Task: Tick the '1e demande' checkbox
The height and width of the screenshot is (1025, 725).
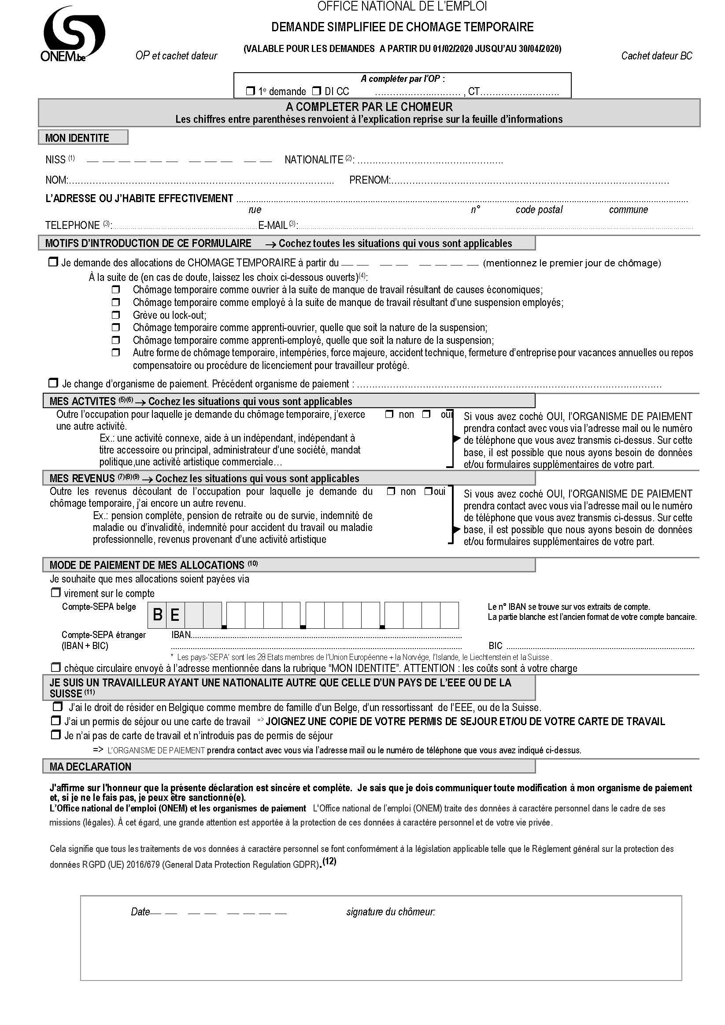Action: coord(250,91)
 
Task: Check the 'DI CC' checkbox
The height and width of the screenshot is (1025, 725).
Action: coord(316,91)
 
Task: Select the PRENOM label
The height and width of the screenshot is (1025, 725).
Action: coord(370,180)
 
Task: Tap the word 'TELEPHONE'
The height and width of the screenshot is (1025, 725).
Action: coord(72,225)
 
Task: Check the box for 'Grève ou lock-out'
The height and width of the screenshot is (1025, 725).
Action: coord(116,315)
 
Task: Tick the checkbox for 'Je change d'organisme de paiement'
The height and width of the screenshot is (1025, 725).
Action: coord(53,383)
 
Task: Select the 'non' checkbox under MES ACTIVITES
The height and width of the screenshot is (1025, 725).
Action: coord(389,414)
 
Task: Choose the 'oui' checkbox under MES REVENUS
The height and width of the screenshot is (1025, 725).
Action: coord(428,491)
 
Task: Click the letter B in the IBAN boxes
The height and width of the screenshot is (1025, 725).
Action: coord(157,615)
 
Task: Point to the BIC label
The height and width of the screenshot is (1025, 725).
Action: coord(496,645)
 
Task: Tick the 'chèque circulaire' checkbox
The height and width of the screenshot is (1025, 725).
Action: coord(55,667)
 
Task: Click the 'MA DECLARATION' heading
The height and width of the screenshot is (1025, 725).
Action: coord(90,767)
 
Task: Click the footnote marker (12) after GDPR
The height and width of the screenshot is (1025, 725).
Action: coord(329,861)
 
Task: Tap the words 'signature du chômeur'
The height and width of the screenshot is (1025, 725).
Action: coord(390,911)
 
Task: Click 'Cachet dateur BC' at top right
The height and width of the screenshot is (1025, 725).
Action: coord(656,56)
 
